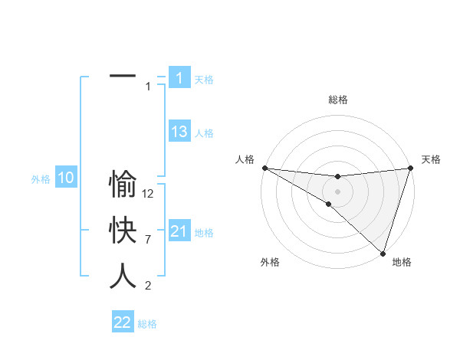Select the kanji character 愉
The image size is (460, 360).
coord(123,185)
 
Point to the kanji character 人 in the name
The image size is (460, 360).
coord(123,276)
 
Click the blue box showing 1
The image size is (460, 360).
coord(179,77)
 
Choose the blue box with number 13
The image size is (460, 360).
coord(179,132)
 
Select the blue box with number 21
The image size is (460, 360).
coord(179,231)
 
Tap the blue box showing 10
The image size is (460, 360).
coord(66,178)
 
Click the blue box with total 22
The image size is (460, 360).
coord(123,322)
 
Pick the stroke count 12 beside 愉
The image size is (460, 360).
coord(149,195)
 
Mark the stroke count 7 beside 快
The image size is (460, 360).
coord(149,241)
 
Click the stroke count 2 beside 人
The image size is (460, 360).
coord(149,286)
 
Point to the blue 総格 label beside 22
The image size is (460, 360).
coord(147,324)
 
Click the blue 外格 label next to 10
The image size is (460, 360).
coord(41,179)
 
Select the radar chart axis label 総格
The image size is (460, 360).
coord(337,100)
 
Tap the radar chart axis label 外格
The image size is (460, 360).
coord(270,262)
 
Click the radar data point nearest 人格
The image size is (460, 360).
coord(264,168)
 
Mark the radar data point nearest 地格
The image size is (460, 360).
coord(383,252)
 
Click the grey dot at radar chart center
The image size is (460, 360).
coord(337,190)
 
